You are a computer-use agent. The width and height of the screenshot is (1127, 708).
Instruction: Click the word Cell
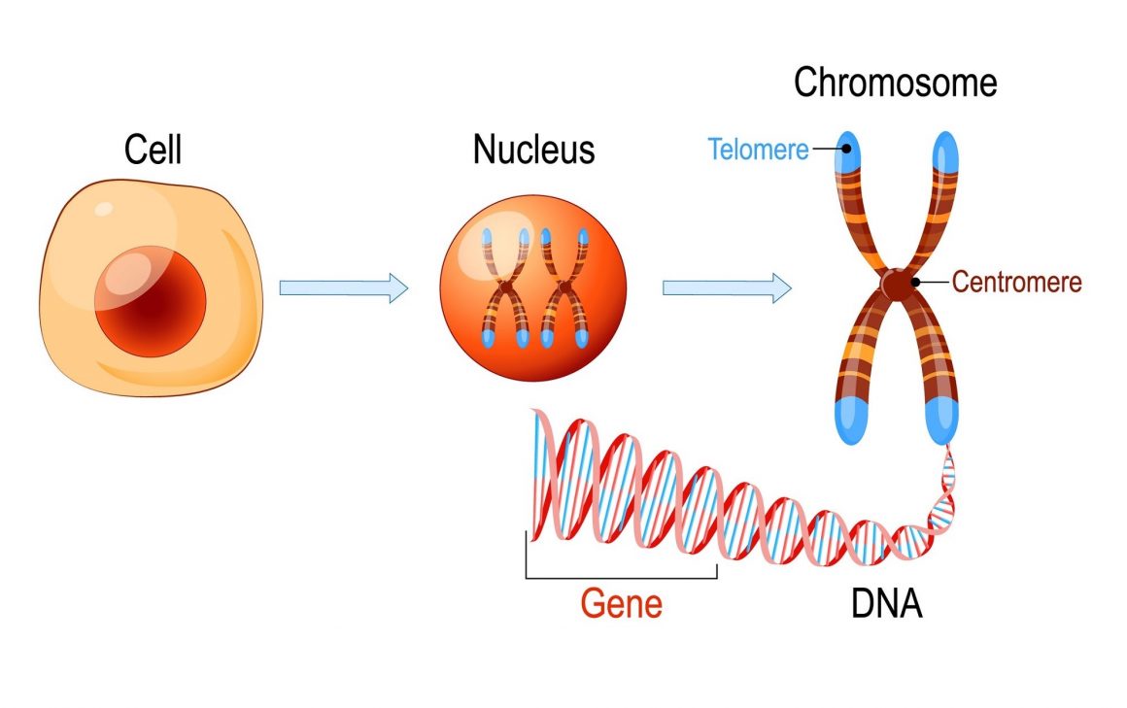pos(153,150)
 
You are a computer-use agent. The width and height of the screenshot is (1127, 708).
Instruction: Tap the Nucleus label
pos(534,150)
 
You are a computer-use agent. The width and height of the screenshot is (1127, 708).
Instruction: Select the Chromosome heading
pos(896,83)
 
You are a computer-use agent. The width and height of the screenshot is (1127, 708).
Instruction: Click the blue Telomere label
pos(758,150)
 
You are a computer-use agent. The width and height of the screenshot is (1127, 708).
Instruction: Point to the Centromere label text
pos(1017,282)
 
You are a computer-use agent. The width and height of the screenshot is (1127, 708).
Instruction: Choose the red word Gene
pos(622,604)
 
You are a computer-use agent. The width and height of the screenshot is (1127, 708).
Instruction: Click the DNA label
pos(886,604)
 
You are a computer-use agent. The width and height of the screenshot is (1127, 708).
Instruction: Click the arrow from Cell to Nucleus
pos(344,288)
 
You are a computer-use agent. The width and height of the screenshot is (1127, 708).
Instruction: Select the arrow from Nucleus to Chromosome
pos(727,288)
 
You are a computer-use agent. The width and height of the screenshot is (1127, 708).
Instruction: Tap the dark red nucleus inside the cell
pos(151,301)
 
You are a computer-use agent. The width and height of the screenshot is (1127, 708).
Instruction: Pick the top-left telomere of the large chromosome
pos(847,152)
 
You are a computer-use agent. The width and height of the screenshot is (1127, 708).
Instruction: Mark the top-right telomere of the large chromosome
pos(945,152)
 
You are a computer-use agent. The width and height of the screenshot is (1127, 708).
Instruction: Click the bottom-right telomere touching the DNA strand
pos(941,421)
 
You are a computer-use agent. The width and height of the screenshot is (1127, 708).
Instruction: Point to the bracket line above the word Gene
pos(622,577)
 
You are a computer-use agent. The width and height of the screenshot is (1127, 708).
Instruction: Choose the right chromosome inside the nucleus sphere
pos(564,288)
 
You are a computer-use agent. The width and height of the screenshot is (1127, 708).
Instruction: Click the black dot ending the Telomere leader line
pos(846,149)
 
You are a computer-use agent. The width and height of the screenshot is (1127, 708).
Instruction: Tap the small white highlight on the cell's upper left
pos(104,209)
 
